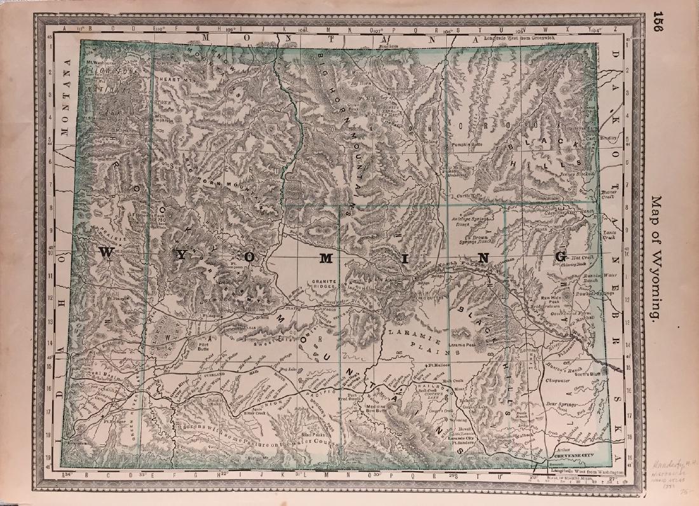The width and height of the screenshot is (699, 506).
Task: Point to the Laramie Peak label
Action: tap(464, 344)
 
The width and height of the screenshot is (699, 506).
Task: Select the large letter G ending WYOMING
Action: tap(560, 256)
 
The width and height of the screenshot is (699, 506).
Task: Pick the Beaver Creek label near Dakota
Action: tap(609, 193)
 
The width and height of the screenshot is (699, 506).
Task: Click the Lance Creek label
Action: tap(609, 235)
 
